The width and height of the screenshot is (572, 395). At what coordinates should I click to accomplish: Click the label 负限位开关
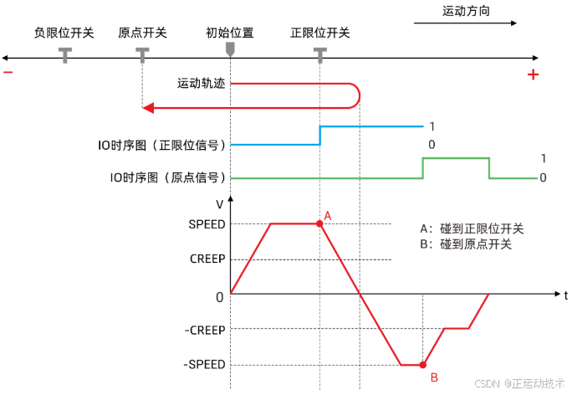[64, 33]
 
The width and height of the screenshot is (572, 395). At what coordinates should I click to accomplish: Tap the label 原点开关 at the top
[142, 33]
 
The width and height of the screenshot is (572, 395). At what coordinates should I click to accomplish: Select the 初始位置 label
[230, 33]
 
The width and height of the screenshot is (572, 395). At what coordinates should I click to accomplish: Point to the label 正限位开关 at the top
[319, 33]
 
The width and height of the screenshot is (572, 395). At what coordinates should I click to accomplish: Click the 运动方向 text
[466, 12]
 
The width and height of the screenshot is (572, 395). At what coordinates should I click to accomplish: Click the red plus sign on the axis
[533, 75]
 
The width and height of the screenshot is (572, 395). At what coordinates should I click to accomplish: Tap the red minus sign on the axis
[8, 73]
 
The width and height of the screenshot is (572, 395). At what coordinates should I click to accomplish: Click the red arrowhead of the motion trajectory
[147, 106]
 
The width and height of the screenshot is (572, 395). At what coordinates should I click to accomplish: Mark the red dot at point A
[319, 223]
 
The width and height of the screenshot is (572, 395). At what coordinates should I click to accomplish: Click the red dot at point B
[423, 365]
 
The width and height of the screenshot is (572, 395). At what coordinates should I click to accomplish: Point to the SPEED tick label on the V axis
[207, 223]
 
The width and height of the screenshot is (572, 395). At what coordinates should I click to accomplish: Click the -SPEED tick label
[205, 365]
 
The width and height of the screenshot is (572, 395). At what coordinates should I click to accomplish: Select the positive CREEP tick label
[207, 259]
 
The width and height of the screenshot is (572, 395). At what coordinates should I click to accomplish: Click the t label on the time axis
[565, 295]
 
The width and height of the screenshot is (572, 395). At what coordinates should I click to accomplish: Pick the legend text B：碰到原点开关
[466, 244]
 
